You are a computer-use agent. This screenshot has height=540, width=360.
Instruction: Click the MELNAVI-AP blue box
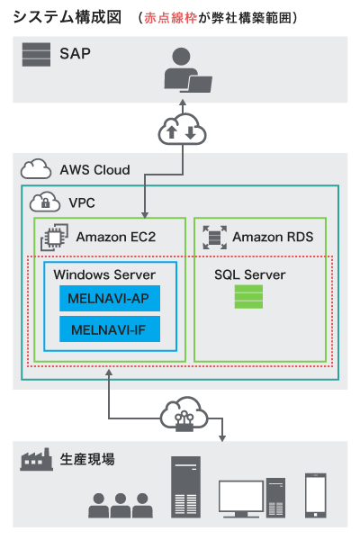110,298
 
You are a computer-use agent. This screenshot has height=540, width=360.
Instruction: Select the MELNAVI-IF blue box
110,329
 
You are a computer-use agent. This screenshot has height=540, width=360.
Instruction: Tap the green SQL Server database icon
248,296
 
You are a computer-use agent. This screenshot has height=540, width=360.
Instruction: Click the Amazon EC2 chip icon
54,238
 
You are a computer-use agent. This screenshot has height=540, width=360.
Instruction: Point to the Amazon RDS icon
214,238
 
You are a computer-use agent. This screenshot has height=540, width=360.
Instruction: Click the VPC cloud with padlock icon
45,202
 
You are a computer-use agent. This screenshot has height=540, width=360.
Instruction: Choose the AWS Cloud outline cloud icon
36,169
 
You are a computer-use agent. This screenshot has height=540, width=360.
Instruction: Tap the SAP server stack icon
36,54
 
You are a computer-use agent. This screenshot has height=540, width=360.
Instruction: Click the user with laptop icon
187,70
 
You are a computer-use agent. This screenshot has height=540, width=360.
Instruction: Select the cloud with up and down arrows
182,130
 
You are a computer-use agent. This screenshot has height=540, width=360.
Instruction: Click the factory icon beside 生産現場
36,459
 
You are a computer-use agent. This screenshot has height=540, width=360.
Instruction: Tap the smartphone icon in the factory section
315,496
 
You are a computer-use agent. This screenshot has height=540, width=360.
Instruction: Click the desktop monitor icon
241,499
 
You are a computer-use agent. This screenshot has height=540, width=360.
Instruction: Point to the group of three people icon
121,506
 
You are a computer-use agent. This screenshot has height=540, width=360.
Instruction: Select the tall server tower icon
185,487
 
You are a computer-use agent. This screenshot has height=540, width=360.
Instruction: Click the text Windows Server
104,274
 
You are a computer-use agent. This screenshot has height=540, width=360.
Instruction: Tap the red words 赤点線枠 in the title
170,18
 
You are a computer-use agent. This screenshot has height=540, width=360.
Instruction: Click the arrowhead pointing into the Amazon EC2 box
145,215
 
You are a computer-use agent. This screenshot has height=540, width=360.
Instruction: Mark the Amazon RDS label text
273,237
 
